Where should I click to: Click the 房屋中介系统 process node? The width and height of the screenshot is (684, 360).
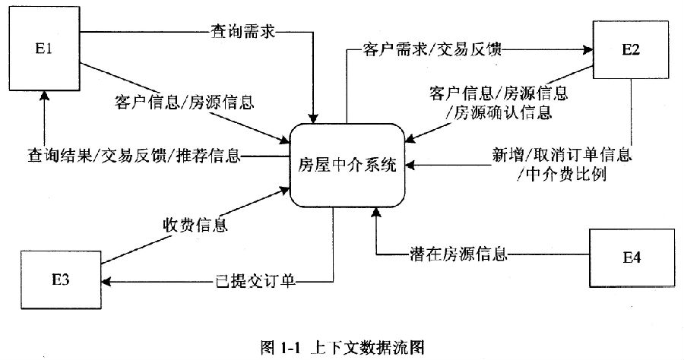click(x=347, y=166)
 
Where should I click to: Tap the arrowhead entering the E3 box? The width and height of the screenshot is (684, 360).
click(x=106, y=283)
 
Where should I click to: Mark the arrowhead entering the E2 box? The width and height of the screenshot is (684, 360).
click(x=589, y=51)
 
